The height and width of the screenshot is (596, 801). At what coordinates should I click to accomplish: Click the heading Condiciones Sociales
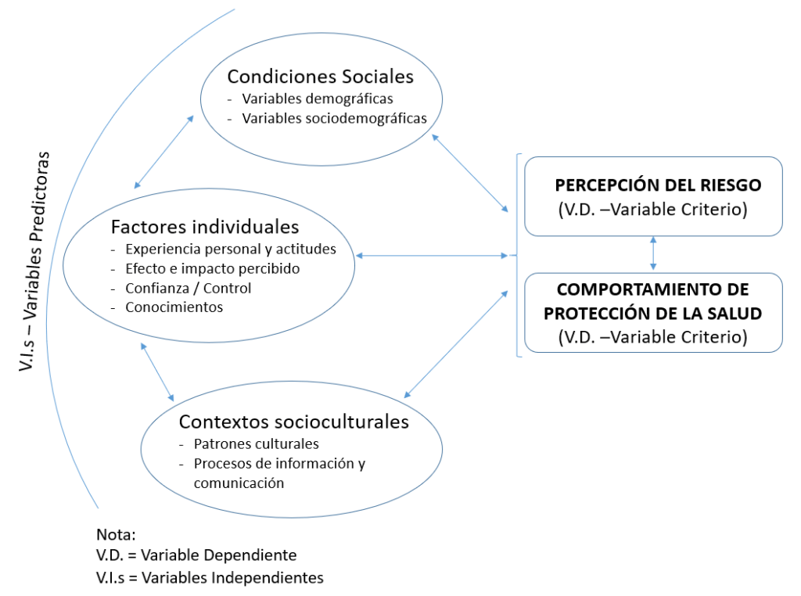coord(320,77)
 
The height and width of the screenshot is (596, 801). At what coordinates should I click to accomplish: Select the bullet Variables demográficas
coord(318,99)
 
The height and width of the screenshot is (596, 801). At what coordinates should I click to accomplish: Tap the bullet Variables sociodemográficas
coord(334,119)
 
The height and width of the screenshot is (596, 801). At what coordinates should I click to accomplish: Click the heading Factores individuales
coord(205,227)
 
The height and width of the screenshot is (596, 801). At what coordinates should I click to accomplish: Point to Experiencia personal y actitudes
coord(230,250)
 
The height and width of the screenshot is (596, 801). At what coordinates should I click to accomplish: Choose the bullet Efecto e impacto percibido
coord(212,268)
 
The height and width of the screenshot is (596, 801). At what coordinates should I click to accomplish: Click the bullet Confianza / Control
coord(188,288)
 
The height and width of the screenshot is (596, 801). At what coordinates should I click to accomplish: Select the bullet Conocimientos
coord(174,307)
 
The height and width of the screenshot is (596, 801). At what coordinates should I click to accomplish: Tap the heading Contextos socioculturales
coord(293,422)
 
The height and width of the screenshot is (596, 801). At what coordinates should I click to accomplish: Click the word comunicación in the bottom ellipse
coord(239,483)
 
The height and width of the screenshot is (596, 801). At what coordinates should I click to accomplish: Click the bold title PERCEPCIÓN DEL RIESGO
coord(658,185)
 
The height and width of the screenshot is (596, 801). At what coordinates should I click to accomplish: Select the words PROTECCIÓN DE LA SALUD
coord(653,314)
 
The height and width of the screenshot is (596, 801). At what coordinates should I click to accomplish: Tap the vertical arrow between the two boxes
coord(653,253)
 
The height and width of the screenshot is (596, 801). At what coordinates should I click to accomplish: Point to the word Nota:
coord(116,536)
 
